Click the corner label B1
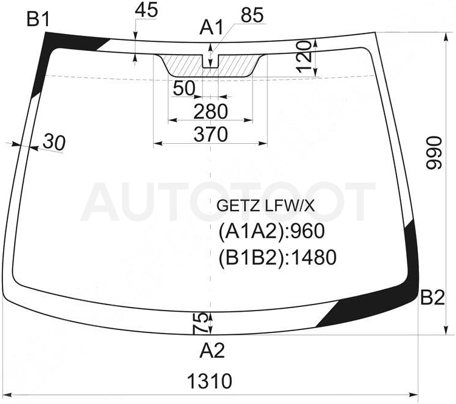coord(38,20)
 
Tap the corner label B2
coord(432,298)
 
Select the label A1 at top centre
coord(211,28)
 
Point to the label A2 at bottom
coord(213,351)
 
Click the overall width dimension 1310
coord(210,381)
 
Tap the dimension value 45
coord(146,10)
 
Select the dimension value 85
coord(252,15)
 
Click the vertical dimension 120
coord(304,56)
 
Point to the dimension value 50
coord(184,89)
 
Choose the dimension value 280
coord(211,112)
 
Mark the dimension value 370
coord(211,134)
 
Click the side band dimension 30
coord(54,143)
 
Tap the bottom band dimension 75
coord(200,323)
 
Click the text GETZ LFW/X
coord(265,206)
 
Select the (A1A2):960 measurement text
coord(271,232)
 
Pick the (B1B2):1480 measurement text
coord(277,257)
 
